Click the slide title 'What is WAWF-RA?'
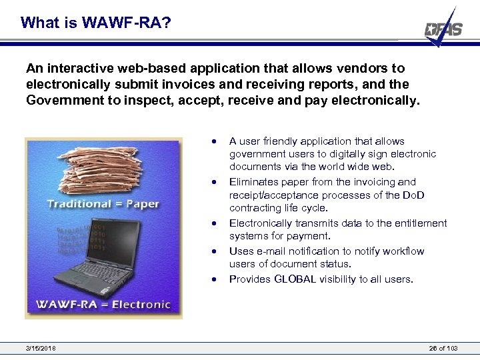coord(96,23)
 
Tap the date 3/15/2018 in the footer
coord(41,349)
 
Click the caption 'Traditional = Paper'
coord(103,203)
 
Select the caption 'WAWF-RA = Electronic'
coord(103,305)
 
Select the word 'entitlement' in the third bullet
coord(420,223)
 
